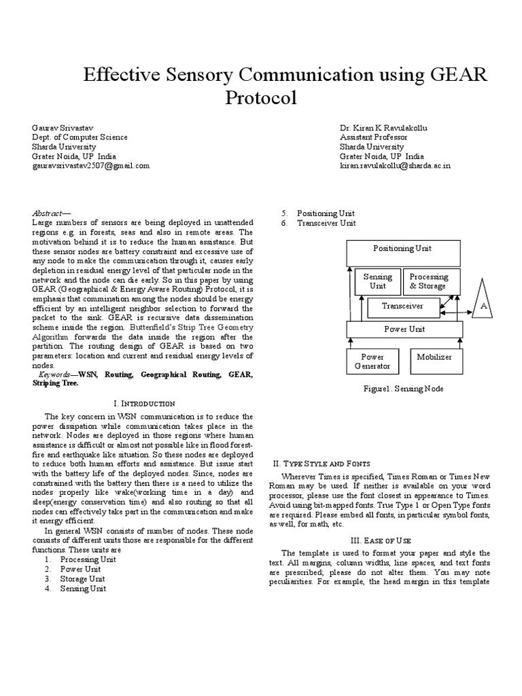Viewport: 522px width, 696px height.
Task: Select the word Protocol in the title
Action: tap(261, 98)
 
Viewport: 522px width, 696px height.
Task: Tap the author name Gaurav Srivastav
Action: tap(64, 128)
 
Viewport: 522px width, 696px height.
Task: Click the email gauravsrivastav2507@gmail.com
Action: tap(90, 165)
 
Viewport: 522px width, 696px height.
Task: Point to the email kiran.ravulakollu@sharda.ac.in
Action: tap(395, 165)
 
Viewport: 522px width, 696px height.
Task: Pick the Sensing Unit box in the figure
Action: tap(377, 281)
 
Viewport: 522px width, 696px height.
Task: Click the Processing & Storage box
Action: tap(428, 281)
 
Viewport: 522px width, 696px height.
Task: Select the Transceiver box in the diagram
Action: tap(402, 307)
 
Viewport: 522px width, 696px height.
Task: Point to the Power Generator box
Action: tap(372, 361)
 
